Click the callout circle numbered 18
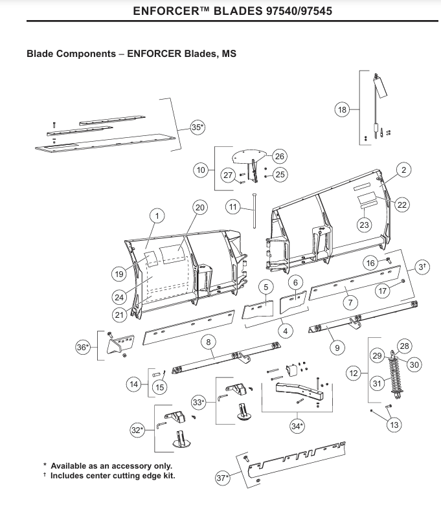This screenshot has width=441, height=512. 342,110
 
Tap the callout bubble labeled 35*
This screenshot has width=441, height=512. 198,127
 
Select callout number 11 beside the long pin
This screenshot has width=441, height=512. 233,207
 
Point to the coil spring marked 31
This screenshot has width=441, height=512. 396,378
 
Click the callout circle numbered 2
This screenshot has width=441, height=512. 403,170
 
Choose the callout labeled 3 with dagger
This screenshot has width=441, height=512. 422,267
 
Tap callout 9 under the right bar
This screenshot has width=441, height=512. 337,348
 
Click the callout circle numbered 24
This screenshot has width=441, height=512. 119,297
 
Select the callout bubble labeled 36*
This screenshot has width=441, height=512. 83,347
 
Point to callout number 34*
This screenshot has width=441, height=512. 297,426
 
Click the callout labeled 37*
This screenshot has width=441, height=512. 223,478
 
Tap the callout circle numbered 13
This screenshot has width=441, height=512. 394,425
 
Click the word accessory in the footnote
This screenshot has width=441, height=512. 120,466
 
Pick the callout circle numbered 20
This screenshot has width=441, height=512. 200,207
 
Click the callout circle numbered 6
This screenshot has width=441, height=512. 296,282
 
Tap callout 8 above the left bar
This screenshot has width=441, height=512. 209,342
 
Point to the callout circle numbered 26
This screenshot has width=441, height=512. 280,157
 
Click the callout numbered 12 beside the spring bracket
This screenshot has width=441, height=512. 354,373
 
